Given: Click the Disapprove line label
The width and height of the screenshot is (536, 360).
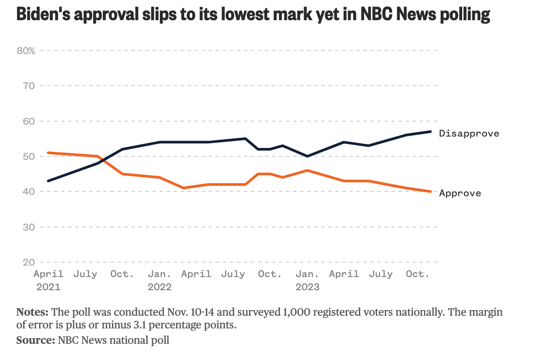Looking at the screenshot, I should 469,133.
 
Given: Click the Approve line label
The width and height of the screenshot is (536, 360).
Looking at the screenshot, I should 460,193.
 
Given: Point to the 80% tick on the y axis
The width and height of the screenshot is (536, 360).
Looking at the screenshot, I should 25,50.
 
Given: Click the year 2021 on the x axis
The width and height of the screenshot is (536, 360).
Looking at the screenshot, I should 48,287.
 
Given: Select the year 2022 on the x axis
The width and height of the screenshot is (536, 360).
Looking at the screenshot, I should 159,287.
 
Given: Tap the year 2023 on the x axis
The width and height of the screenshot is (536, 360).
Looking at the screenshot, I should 307,287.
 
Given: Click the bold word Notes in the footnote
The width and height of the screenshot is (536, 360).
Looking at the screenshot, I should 32,313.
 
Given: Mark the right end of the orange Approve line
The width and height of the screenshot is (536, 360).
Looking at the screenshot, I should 431,191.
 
